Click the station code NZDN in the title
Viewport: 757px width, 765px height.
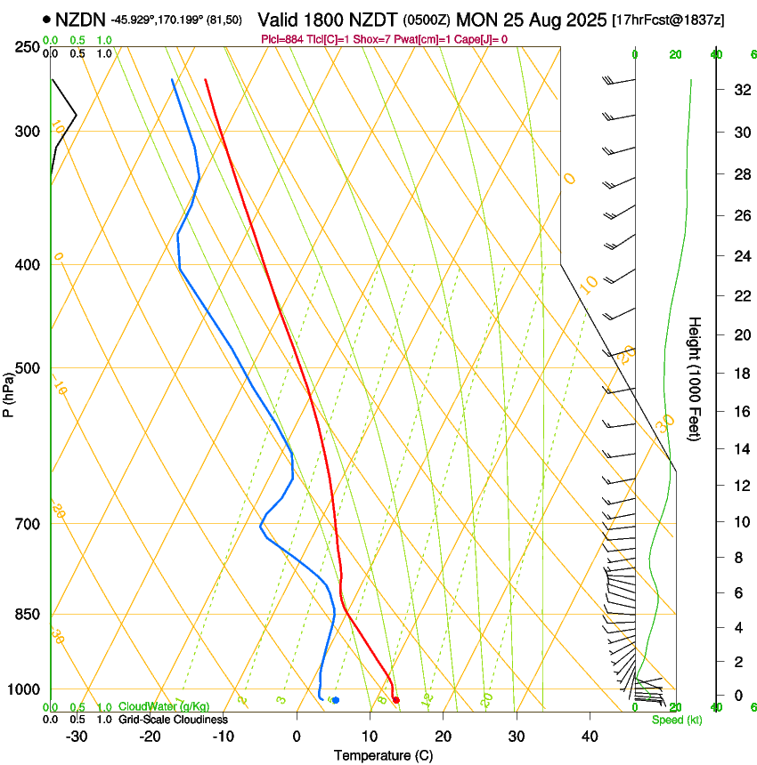(x=79, y=20)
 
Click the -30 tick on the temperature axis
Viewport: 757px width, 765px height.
(x=77, y=737)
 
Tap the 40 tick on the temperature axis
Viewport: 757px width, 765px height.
(x=589, y=737)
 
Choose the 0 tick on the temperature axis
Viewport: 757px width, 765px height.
(x=297, y=737)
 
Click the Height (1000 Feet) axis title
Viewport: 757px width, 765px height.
(x=696, y=379)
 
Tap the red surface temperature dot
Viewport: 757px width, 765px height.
(x=396, y=700)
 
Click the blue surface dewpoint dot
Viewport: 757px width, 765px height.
(x=336, y=700)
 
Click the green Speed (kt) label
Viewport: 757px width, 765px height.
(x=676, y=720)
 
